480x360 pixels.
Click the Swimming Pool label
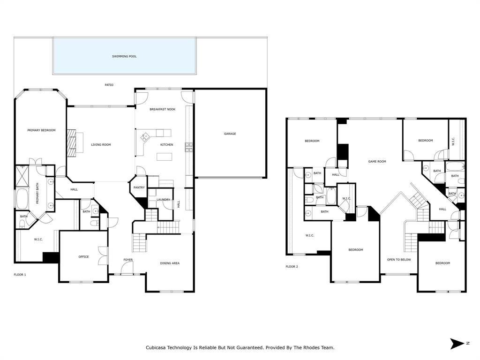pyautogui.click(x=124, y=56)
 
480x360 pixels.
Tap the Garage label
pyautogui.click(x=230, y=134)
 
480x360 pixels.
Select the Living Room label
pyautogui.click(x=101, y=145)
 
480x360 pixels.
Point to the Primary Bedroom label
pyautogui.click(x=41, y=130)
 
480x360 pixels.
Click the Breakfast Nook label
pyautogui.click(x=162, y=109)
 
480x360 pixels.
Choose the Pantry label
pyautogui.click(x=139, y=187)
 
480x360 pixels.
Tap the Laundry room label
pyautogui.click(x=163, y=200)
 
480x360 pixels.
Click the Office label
pyautogui.click(x=83, y=256)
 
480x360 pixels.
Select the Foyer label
pyautogui.click(x=128, y=260)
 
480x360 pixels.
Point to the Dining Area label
pyautogui.click(x=170, y=263)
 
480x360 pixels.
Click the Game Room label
pyautogui.click(x=377, y=162)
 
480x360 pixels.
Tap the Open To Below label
pyautogui.click(x=399, y=259)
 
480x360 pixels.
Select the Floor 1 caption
pyautogui.click(x=20, y=274)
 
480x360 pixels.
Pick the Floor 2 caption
pyautogui.click(x=292, y=267)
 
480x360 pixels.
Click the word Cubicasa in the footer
pyautogui.click(x=157, y=348)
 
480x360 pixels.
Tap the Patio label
pyautogui.click(x=109, y=85)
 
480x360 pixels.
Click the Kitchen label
pyautogui.click(x=166, y=145)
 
